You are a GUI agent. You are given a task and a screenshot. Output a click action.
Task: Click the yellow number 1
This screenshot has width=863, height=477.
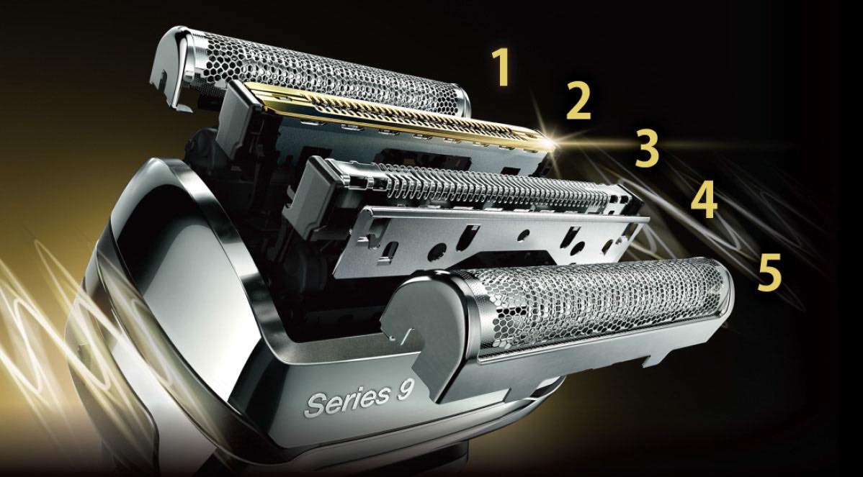point(502,68)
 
